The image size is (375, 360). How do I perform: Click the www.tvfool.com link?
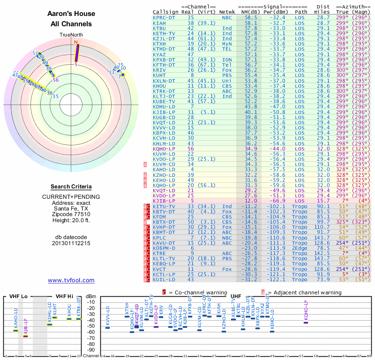pyautogui.click(x=71, y=280)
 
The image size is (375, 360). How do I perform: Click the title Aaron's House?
pyautogui.click(x=71, y=14)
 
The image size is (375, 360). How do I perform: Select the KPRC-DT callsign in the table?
pyautogui.click(x=164, y=17)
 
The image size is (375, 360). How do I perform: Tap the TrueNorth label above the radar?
pyautogui.click(x=71, y=35)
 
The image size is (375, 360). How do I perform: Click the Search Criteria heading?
pyautogui.click(x=71, y=187)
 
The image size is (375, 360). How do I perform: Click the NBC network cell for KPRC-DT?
pyautogui.click(x=227, y=17)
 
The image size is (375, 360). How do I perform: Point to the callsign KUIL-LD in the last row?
pyautogui.click(x=164, y=279)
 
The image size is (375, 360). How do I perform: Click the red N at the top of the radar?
pyautogui.click(x=76, y=42)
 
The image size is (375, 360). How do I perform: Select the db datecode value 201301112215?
pyautogui.click(x=71, y=243)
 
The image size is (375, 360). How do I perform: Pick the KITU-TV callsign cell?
pyautogui.click(x=164, y=206)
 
